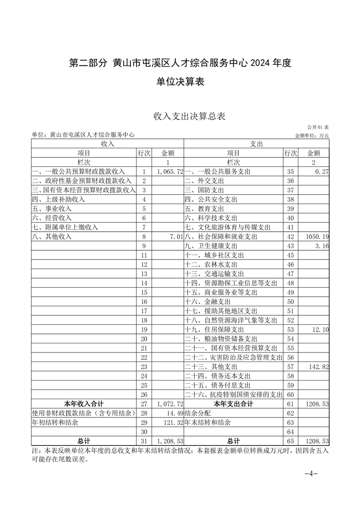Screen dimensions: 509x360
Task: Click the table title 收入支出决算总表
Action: [x=189, y=117]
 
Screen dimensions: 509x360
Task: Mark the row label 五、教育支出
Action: [x=204, y=209]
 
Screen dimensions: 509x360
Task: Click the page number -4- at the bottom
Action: [x=311, y=474]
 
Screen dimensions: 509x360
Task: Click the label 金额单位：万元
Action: [x=312, y=135]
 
